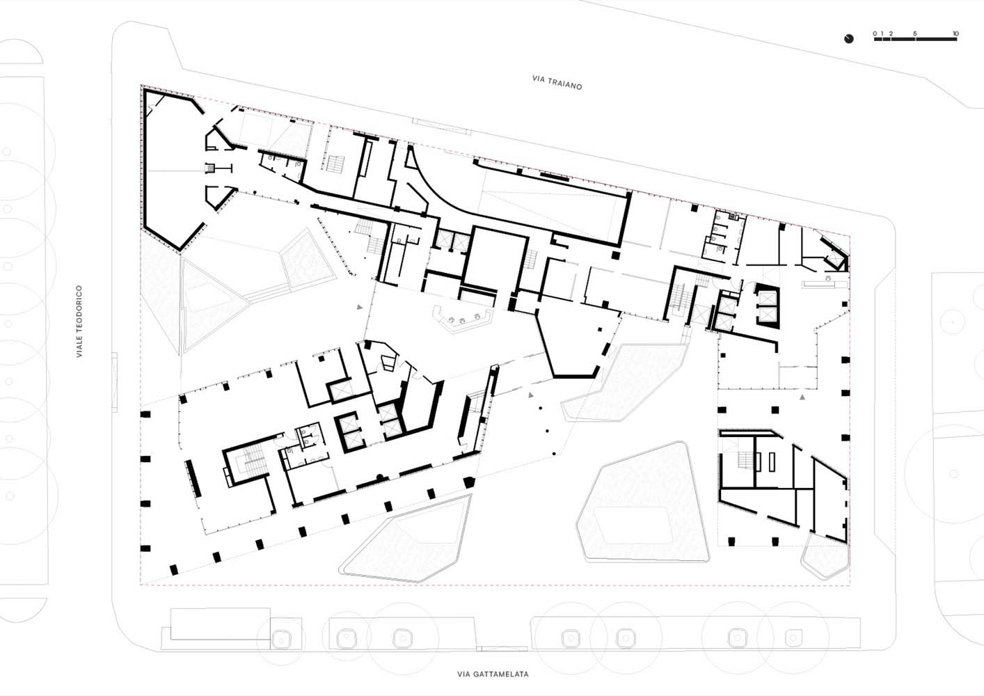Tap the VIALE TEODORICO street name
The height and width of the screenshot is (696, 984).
79,321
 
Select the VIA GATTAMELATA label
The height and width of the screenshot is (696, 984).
493,674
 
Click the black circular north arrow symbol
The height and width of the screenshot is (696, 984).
849,39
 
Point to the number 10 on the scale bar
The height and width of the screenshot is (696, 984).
955,34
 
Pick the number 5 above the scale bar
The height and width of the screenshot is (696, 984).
915,34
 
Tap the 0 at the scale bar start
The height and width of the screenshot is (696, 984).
875,34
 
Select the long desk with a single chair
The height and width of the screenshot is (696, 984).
825,283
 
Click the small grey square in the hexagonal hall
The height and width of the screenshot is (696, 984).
212,168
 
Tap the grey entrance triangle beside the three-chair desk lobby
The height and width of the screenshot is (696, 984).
360,307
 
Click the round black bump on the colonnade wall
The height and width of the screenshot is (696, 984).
380,477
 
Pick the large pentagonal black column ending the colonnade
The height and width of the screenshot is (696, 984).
469,482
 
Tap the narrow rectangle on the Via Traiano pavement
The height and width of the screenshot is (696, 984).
441,126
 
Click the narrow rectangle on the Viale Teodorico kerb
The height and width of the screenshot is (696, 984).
115,382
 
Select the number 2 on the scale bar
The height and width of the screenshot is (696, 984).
891,34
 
